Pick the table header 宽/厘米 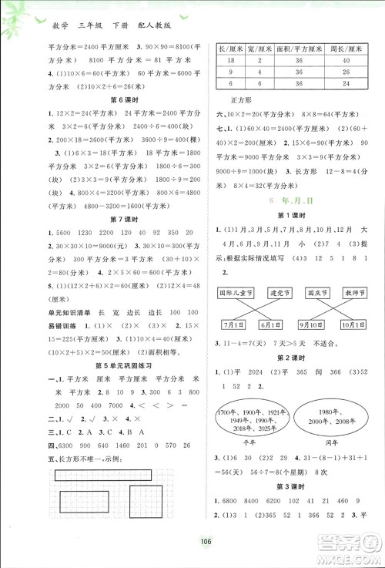[x=260, y=48]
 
